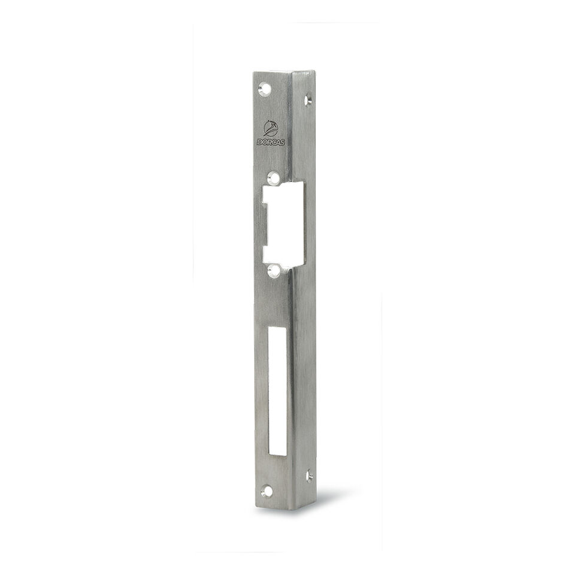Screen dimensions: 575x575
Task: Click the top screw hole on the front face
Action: pyautogui.click(x=264, y=89)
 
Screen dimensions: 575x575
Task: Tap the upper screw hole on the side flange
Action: pyautogui.click(x=308, y=99)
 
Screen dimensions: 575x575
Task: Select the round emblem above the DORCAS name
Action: pyautogui.click(x=271, y=129)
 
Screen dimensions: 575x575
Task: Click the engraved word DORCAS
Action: pyautogui.click(x=271, y=142)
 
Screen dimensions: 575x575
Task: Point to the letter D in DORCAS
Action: pyautogui.click(x=259, y=141)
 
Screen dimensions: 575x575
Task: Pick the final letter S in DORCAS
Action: pyautogui.click(x=282, y=143)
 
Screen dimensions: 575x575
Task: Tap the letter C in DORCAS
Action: pyautogui.click(x=273, y=143)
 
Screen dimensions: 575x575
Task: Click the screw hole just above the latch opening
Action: pyautogui.click(x=273, y=178)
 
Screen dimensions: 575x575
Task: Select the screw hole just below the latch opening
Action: pyautogui.click(x=274, y=270)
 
